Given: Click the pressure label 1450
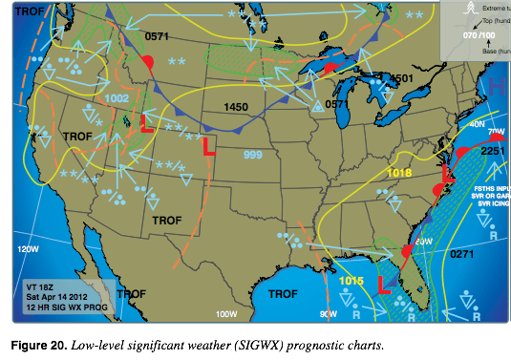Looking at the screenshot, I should point(234,107).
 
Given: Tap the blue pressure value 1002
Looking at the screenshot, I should point(117,97).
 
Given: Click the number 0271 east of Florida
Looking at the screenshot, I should point(462,253).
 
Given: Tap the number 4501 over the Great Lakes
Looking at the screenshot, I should point(400,77).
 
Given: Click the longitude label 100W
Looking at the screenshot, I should point(225,313).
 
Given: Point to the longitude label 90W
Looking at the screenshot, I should point(330,313).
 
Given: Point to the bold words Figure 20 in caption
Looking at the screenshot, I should point(39,342).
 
